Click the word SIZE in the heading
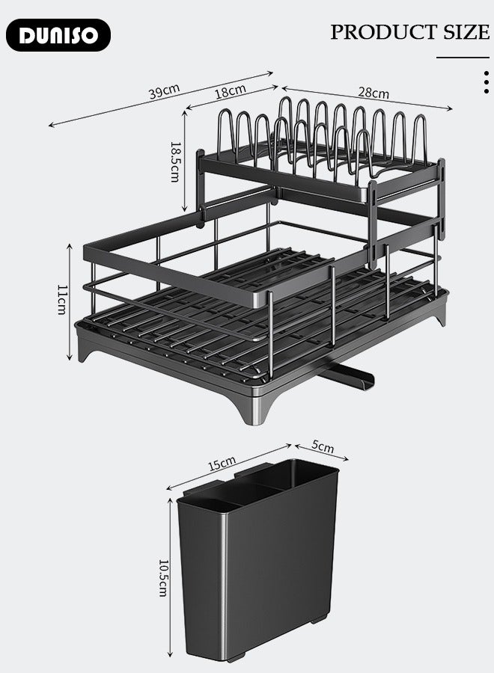pyautogui.click(x=465, y=32)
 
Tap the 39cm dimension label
pyautogui.click(x=163, y=92)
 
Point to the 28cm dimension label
pyautogui.click(x=373, y=93)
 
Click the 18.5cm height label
pyautogui.click(x=174, y=162)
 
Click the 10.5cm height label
pyautogui.click(x=163, y=577)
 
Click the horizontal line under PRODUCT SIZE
pyautogui.click(x=462, y=57)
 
